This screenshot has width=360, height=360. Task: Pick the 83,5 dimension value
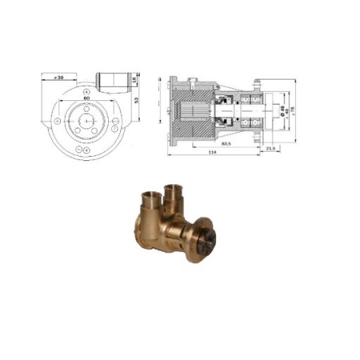pos(227,143)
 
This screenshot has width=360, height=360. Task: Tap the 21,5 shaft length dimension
pos(270,149)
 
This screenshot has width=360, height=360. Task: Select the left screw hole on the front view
pos(56,121)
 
